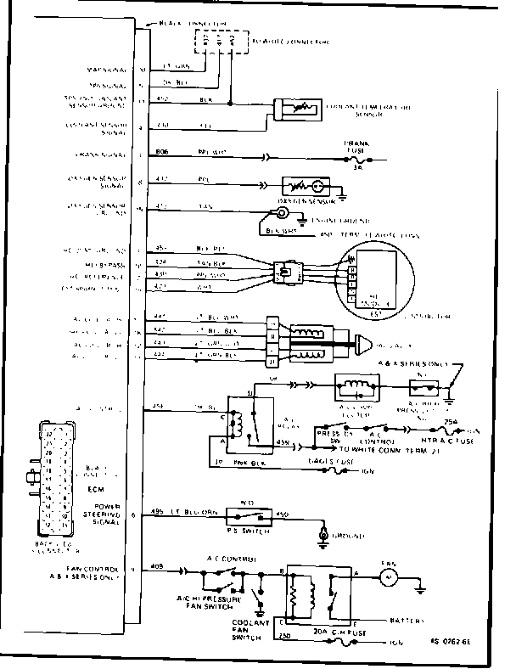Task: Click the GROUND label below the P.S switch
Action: coord(348,537)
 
